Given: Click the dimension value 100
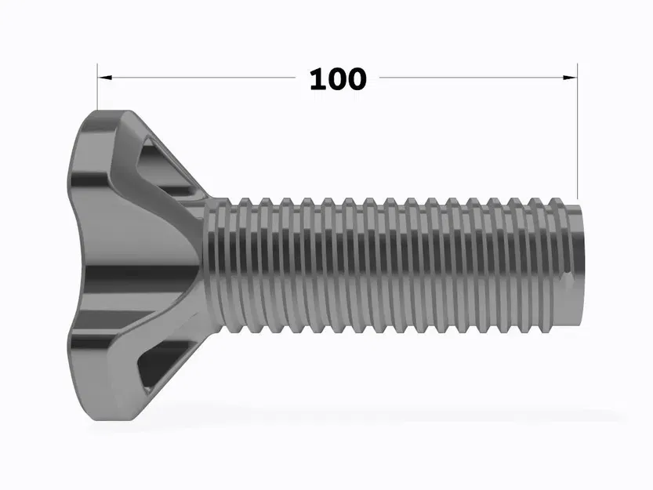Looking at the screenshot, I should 337,78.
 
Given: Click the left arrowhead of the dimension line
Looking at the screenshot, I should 104,78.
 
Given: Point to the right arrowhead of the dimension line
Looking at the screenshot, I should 571,78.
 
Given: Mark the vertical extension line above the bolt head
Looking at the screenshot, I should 97,90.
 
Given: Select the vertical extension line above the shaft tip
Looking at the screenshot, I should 578,133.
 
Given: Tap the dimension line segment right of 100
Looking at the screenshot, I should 470,78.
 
